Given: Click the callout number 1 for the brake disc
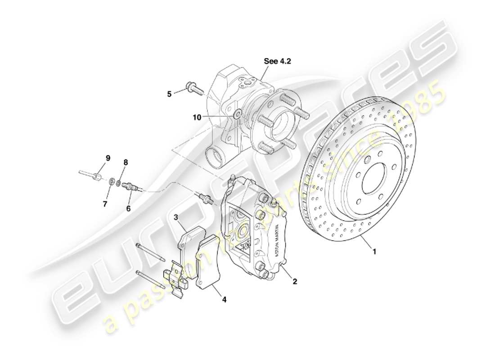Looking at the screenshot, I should [374, 252].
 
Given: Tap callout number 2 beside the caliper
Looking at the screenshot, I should [295, 282].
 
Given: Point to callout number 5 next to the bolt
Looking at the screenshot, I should [169, 94].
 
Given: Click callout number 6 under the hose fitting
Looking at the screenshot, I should [128, 208].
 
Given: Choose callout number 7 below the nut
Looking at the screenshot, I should [104, 204].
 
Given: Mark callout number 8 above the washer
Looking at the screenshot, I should [126, 162].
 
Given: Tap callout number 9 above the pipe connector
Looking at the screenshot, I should [108, 158].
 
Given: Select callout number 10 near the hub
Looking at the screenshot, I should [197, 117].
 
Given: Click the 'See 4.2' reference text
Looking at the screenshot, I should [277, 61].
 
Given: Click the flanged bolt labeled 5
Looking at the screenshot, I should [193, 89].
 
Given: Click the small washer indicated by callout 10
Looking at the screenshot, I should [237, 113].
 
